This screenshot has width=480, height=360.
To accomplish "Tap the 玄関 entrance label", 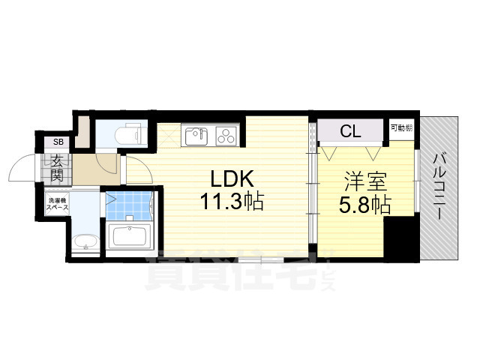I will [57, 166].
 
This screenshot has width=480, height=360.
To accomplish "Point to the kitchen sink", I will [196, 135].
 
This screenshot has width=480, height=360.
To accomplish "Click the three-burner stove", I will [226, 135].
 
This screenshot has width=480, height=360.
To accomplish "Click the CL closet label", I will [350, 132].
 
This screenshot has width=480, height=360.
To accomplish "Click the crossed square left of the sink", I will [169, 135].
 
